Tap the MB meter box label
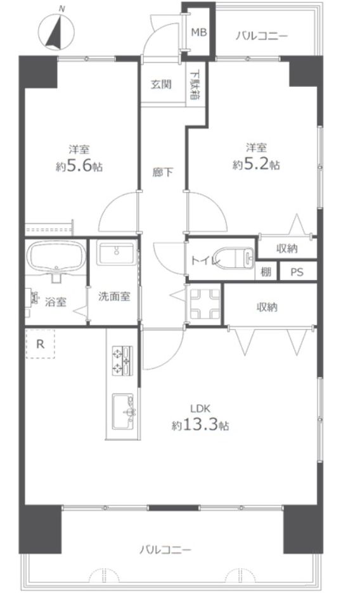(199, 32)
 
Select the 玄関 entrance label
(161, 84)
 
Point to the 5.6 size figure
(79, 167)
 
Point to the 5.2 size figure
(257, 165)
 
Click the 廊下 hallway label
(163, 172)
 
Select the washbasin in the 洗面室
(117, 253)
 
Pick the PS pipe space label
(297, 272)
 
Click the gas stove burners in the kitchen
(122, 360)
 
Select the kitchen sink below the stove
(123, 412)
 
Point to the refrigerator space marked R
(40, 344)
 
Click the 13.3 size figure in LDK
(200, 426)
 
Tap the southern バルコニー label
(165, 549)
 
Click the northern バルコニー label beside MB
(262, 36)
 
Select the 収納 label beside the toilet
(286, 248)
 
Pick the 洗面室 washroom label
(114, 296)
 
